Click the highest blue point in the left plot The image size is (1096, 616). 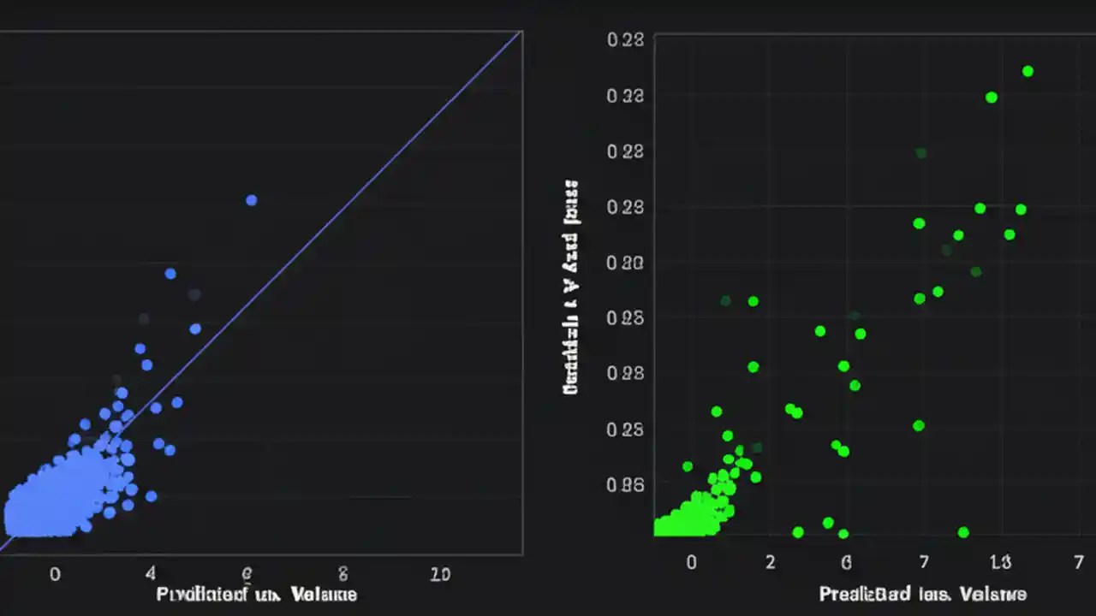251,200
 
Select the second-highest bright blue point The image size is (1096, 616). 170,274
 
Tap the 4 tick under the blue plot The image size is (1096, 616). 151,574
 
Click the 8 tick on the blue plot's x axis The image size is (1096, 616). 343,574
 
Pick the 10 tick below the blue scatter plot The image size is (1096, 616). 439,574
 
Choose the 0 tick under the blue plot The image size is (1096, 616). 55,574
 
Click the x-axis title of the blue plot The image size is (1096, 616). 257,595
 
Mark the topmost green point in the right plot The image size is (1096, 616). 1027,71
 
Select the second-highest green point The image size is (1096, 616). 992,98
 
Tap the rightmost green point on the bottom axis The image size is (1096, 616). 963,532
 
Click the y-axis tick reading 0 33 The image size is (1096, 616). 624,96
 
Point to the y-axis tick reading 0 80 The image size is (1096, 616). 624,263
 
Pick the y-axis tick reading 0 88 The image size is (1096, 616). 624,373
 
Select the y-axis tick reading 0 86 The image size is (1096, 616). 624,484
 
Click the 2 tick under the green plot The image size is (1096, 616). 771,562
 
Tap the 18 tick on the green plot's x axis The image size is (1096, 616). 1000,562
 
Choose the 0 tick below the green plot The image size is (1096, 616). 692,562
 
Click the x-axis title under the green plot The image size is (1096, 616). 922,594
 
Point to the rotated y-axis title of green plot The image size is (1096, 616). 570,287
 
